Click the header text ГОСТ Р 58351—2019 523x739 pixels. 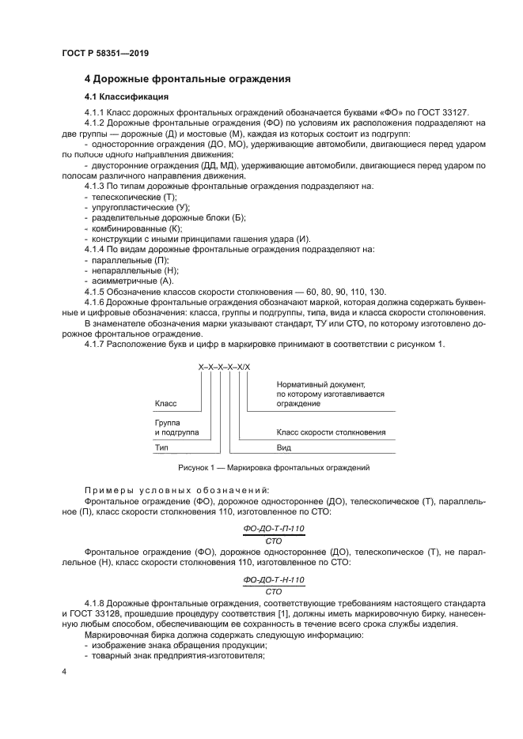tap(105, 53)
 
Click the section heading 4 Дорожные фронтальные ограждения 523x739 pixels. tap(188, 79)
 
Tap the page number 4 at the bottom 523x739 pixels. tap(64, 672)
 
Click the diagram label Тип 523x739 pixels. tap(161, 447)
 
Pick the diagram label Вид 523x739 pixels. tap(284, 447)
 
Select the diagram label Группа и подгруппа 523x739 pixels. tap(176, 428)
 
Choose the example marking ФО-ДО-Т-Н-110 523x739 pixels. tap(275, 579)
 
